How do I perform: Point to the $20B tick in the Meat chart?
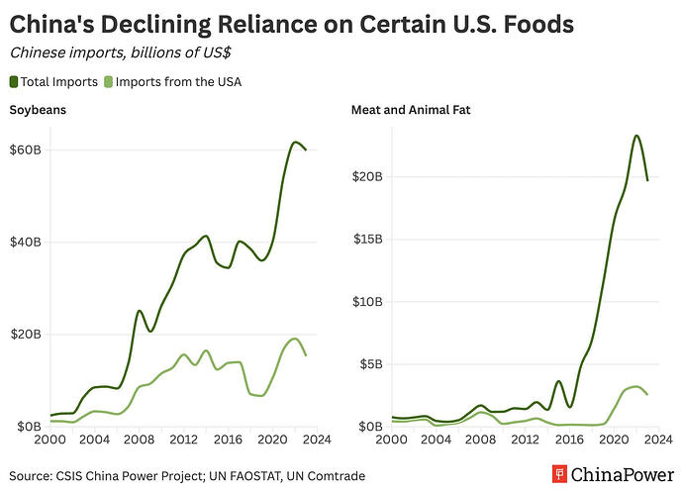(368, 176)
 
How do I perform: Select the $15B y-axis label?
(368, 239)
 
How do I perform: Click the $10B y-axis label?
(368, 301)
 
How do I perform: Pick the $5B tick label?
(371, 363)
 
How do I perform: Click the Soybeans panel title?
(39, 110)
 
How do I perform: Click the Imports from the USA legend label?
(179, 81)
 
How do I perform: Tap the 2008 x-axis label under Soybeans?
(139, 440)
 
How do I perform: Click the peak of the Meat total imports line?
(636, 136)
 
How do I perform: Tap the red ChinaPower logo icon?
(560, 475)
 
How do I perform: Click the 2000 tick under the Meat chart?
(392, 440)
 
